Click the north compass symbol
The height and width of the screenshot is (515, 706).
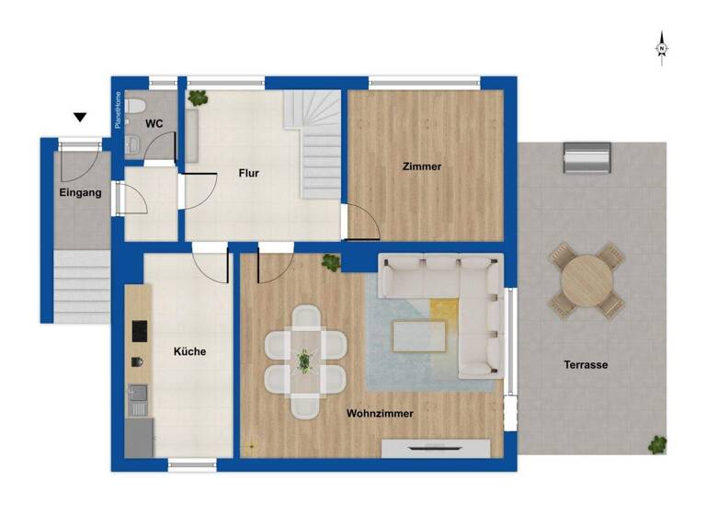tap(662, 49)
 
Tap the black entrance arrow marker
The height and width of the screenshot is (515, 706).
tap(81, 117)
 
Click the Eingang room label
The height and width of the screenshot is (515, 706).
tap(81, 192)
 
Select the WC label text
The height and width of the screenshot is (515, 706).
tap(154, 123)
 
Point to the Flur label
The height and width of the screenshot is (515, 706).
tap(248, 172)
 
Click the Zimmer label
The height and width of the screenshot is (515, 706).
tap(422, 166)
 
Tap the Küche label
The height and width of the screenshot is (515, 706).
tap(189, 351)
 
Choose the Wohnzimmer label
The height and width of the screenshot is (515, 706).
tap(380, 414)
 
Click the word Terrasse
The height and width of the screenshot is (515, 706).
tap(586, 365)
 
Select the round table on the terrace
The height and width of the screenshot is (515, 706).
tap(585, 280)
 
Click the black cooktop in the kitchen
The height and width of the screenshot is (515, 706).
tap(140, 329)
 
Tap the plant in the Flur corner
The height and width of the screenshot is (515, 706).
tap(197, 97)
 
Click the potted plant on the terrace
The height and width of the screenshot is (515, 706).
tap(656, 445)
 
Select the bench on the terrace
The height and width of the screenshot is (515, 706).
tap(587, 157)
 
